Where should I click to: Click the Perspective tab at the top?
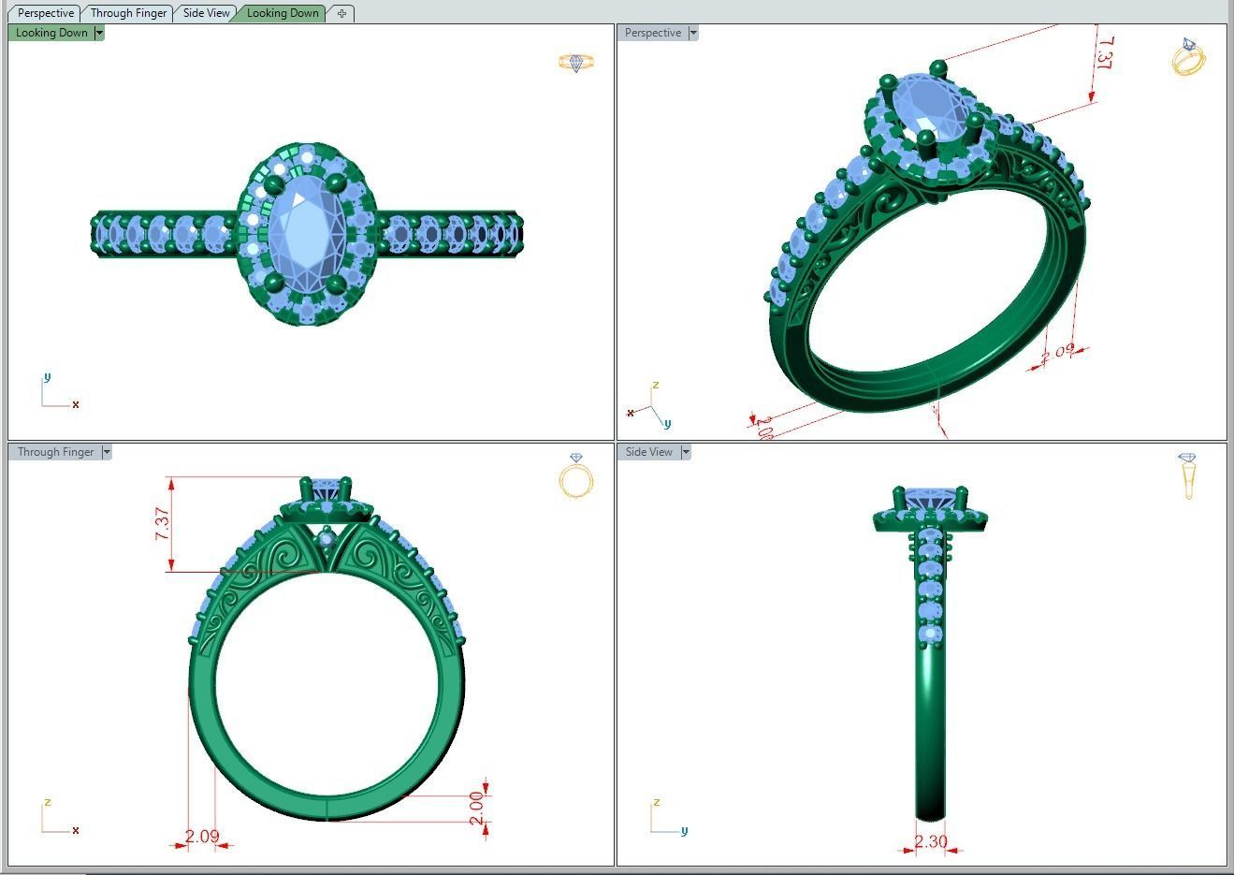(45, 13)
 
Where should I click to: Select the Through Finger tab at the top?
(128, 13)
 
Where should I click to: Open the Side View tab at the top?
(206, 13)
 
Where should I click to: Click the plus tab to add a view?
(341, 13)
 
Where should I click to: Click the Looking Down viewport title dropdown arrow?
(99, 33)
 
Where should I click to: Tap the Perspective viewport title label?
(652, 33)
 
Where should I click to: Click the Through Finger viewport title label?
(55, 452)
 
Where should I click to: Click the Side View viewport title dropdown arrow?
(686, 452)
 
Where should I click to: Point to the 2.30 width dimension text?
(930, 841)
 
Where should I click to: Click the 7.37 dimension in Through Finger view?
(163, 523)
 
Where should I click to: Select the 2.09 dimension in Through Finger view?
(202, 836)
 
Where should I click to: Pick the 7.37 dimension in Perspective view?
(1105, 54)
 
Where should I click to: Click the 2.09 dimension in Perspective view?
(1057, 353)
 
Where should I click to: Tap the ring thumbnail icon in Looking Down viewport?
(575, 63)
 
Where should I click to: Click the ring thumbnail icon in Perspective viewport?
(1188, 56)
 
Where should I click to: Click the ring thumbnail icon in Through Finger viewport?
(575, 475)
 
